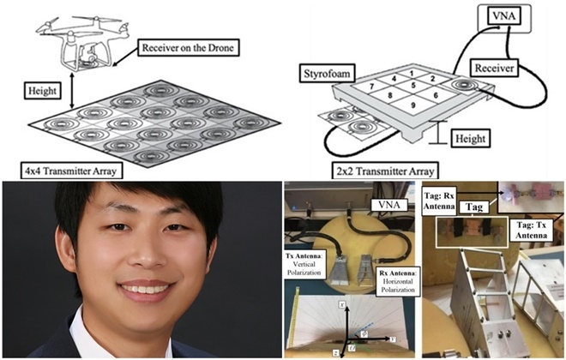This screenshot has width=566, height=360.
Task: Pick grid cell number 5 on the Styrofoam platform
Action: pos(412,86)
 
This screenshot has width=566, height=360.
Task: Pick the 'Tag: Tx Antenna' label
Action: pos(536,226)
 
